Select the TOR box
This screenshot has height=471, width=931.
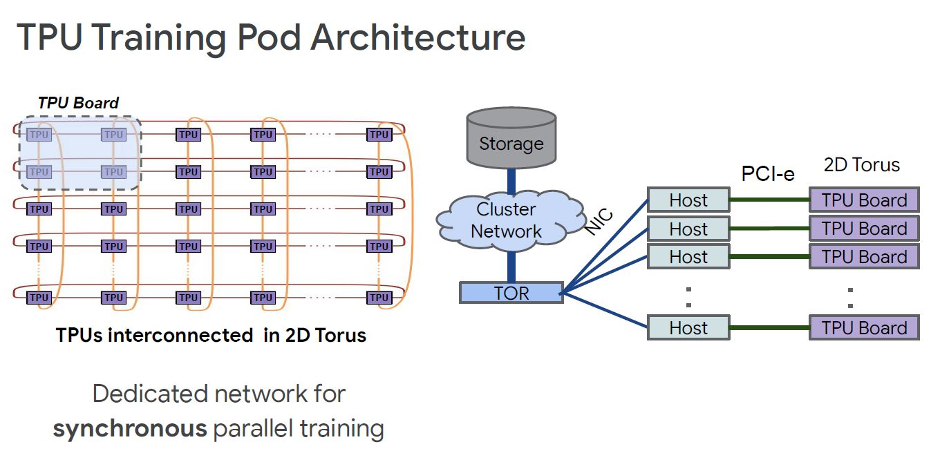[x=511, y=293]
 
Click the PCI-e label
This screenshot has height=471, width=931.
[x=768, y=174]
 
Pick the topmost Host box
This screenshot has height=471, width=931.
[x=688, y=200]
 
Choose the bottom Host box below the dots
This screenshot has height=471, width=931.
[x=688, y=328]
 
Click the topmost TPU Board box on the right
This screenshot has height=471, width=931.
[x=864, y=200]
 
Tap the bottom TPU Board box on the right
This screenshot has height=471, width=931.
[x=864, y=328]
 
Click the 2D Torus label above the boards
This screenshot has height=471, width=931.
[x=862, y=165]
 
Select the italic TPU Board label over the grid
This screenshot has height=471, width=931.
[x=78, y=103]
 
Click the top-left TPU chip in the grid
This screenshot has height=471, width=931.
[x=39, y=135]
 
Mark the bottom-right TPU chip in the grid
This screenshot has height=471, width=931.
[x=379, y=298]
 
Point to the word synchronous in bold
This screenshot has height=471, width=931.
[x=130, y=429]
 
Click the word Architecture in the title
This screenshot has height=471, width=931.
[x=417, y=37]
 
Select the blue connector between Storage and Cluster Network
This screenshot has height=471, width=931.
[x=511, y=181]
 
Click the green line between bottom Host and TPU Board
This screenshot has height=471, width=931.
[x=769, y=328]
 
